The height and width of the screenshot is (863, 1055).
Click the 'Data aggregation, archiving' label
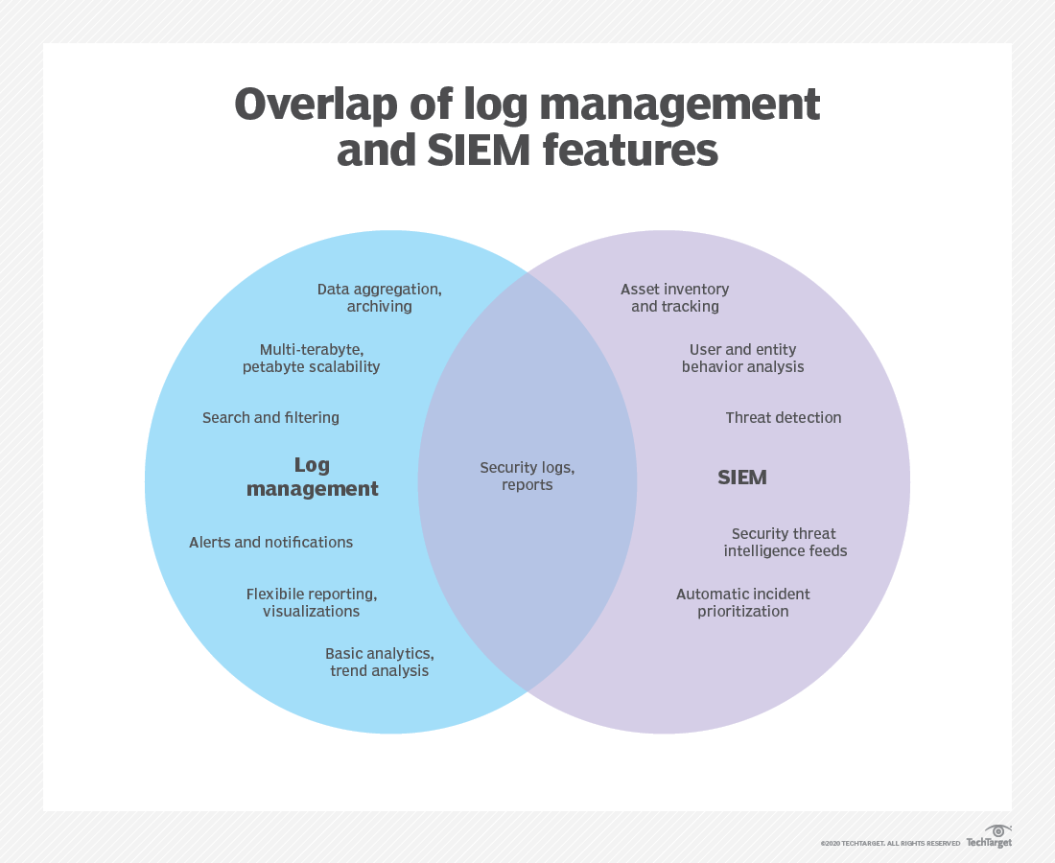(380, 297)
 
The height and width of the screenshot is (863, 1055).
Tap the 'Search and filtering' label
(270, 417)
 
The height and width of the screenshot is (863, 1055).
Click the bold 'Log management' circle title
(312, 477)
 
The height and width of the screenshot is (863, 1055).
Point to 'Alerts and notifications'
(270, 542)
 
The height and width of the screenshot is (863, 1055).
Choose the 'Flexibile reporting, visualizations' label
(312, 602)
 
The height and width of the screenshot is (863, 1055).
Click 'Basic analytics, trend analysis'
(380, 662)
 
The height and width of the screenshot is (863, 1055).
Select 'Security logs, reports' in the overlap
(527, 476)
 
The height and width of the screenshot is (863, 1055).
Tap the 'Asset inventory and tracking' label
(675, 297)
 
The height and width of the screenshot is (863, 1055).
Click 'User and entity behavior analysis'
(743, 358)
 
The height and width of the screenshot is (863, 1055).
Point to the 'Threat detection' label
(784, 417)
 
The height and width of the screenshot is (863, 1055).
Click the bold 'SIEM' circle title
(742, 477)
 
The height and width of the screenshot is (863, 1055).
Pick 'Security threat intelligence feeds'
(785, 542)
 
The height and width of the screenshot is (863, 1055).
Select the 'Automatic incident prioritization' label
(743, 602)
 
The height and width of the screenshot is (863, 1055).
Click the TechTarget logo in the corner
(989, 836)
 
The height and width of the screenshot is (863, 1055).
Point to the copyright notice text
(890, 843)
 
